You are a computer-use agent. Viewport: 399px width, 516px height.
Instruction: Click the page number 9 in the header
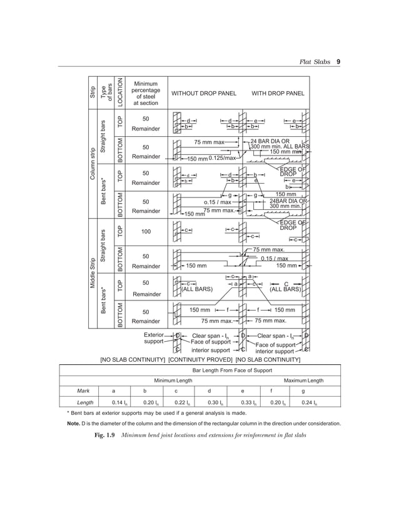pyautogui.click(x=338, y=62)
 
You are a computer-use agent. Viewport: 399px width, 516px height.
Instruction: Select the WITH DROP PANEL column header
pyautogui.click(x=278, y=94)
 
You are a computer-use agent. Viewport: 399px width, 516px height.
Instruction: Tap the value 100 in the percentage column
pyautogui.click(x=146, y=232)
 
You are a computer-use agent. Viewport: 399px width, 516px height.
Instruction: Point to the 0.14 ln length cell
pyautogui.click(x=113, y=402)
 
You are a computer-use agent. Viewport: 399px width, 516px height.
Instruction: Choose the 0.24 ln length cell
pyautogui.click(x=304, y=402)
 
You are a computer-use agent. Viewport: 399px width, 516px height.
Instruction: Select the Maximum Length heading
pyautogui.click(x=304, y=380)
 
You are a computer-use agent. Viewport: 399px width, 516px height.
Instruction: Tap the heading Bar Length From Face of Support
pyautogui.click(x=200, y=370)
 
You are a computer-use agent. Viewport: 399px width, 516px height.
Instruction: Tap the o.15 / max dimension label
pyautogui.click(x=218, y=202)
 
